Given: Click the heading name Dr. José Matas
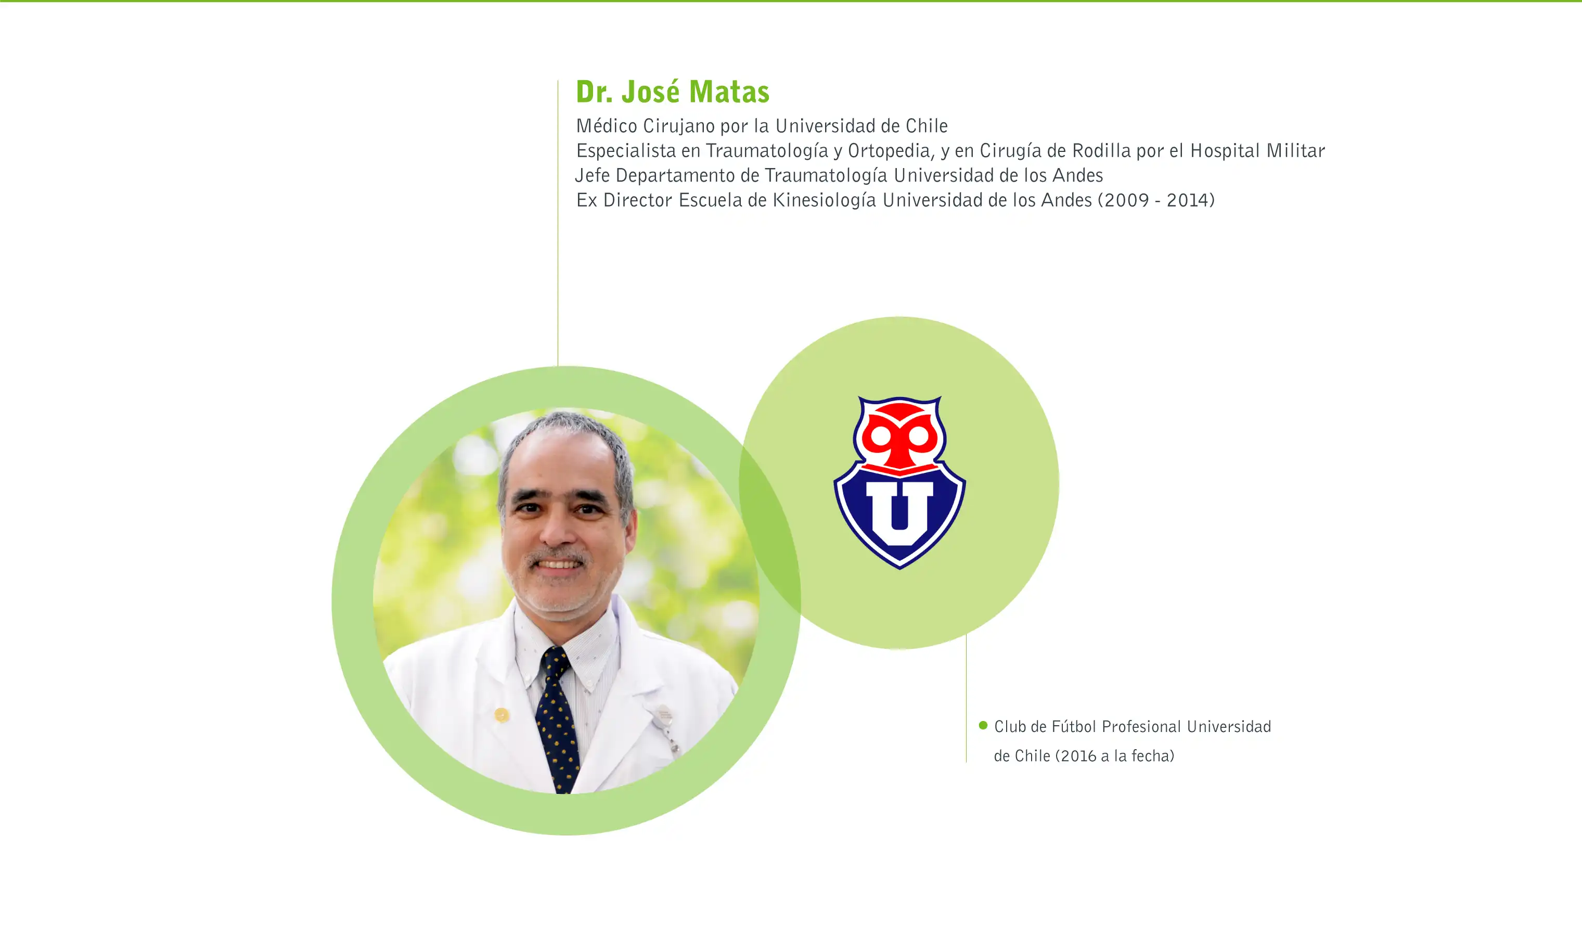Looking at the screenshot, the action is click(672, 92).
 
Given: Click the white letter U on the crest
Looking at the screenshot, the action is click(899, 513).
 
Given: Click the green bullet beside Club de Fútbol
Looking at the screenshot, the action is click(983, 726).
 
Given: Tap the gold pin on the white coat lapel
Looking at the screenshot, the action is click(501, 715).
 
